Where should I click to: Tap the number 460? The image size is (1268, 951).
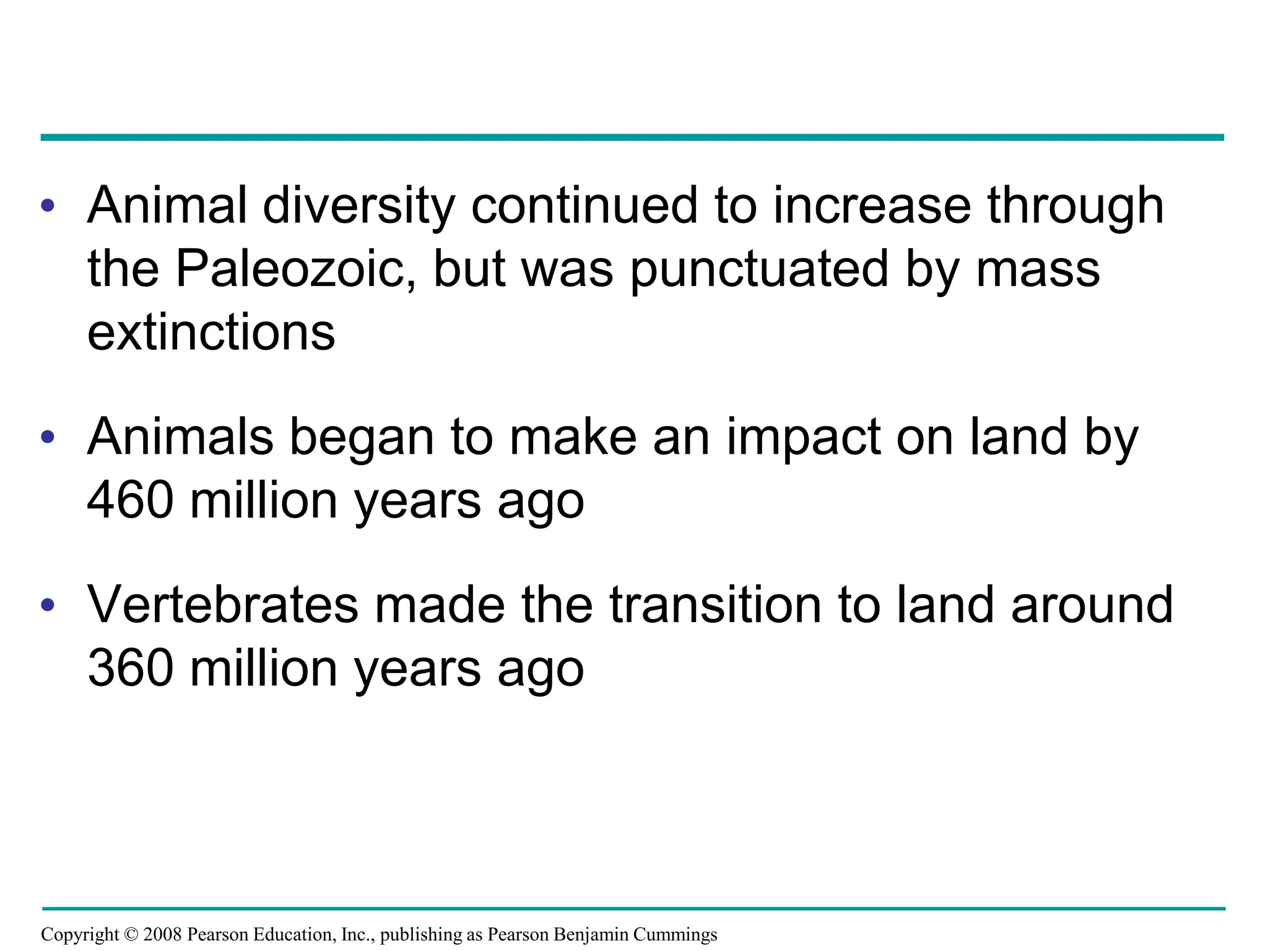(130, 500)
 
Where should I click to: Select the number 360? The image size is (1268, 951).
(130, 669)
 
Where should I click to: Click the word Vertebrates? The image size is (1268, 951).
(223, 605)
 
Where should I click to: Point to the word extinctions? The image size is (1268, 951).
(211, 332)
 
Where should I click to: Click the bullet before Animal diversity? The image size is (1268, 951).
(48, 205)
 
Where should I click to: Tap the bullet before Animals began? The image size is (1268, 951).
(48, 437)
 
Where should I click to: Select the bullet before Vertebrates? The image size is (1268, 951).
(48, 605)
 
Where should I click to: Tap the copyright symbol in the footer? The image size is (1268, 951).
(131, 934)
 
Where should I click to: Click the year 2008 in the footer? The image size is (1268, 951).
(162, 934)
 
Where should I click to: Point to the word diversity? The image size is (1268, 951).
(359, 206)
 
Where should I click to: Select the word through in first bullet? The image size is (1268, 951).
(1075, 206)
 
